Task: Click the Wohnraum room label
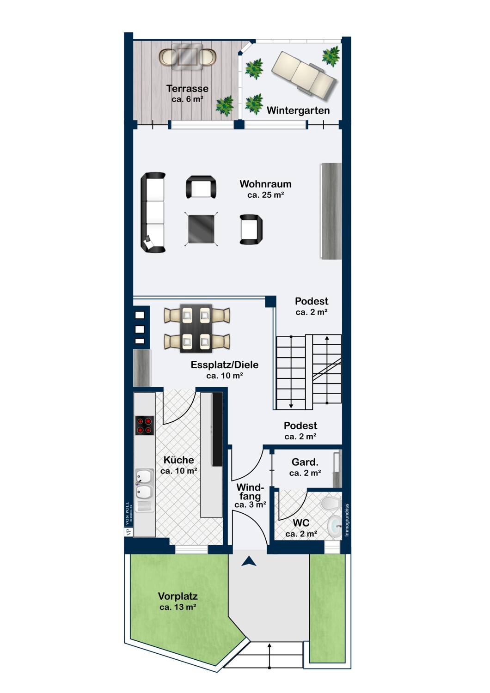tap(265, 184)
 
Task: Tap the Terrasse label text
tap(187, 89)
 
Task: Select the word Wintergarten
tap(298, 110)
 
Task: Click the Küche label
tap(179, 460)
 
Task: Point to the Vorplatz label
tap(178, 596)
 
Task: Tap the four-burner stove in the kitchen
tap(145, 426)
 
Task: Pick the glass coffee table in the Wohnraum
tap(201, 229)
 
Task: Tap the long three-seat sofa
tap(153, 213)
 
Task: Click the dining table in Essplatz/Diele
tap(196, 328)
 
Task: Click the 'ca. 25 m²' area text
tap(266, 195)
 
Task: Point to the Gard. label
tap(305, 462)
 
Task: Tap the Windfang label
tap(250, 492)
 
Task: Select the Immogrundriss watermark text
tap(347, 520)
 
